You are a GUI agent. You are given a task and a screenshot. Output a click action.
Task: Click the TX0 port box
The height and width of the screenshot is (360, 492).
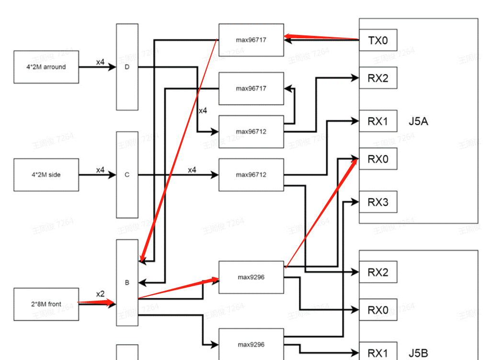pyautogui.click(x=378, y=40)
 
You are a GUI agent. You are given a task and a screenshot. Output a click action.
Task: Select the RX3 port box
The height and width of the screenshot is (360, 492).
pyautogui.click(x=378, y=202)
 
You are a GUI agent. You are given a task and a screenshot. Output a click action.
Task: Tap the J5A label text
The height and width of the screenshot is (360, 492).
pyautogui.click(x=418, y=122)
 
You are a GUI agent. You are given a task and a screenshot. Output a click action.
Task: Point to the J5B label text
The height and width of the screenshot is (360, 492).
pyautogui.click(x=418, y=353)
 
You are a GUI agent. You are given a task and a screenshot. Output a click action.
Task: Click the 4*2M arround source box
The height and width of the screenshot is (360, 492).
pyautogui.click(x=46, y=67)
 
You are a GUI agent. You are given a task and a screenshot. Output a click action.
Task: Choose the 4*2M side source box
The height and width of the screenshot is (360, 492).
pyautogui.click(x=46, y=175)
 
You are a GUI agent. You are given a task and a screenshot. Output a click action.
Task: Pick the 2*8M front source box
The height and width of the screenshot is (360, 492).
pyautogui.click(x=46, y=304)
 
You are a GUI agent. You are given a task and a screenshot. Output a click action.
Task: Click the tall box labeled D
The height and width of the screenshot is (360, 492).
pyautogui.click(x=127, y=67)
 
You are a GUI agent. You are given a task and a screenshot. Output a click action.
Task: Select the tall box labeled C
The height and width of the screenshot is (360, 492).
pyautogui.click(x=127, y=175)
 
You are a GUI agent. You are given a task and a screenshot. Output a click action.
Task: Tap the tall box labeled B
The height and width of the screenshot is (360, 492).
pyautogui.click(x=127, y=282)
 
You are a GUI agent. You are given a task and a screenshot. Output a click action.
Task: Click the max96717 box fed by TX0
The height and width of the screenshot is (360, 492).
pyautogui.click(x=251, y=40)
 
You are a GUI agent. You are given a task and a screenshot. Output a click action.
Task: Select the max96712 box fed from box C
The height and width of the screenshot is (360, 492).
pyautogui.click(x=251, y=175)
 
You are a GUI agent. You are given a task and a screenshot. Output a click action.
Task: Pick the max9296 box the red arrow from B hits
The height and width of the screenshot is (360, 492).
pyautogui.click(x=251, y=277)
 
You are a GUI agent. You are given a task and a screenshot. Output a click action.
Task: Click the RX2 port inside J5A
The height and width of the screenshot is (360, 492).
pyautogui.click(x=378, y=79)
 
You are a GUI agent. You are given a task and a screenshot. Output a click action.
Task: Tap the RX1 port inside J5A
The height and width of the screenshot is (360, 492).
pyautogui.click(x=378, y=122)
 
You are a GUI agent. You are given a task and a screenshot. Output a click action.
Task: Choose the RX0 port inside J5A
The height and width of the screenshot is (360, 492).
pyautogui.click(x=378, y=159)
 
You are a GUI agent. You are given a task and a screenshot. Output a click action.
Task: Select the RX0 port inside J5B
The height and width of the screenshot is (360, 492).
pyautogui.click(x=378, y=310)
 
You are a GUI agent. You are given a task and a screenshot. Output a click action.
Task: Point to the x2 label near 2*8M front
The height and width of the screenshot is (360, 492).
pyautogui.click(x=100, y=294)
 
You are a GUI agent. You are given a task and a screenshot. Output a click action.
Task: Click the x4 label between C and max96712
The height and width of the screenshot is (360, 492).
pyautogui.click(x=192, y=170)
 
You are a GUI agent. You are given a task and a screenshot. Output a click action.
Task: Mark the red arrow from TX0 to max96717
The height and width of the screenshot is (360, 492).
pyautogui.click(x=321, y=37)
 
